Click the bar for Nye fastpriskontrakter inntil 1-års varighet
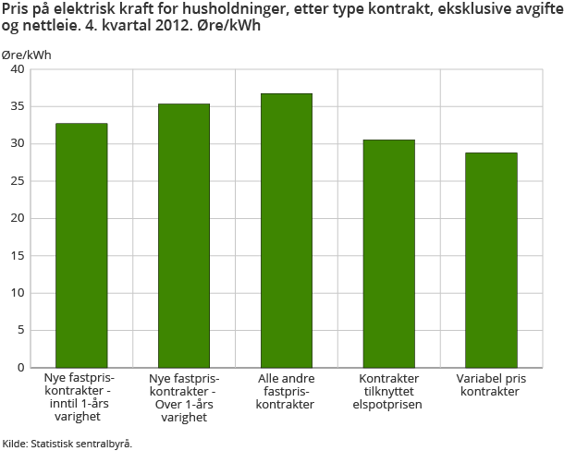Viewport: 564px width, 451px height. point(81,245)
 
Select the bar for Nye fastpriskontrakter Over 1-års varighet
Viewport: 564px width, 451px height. point(184,236)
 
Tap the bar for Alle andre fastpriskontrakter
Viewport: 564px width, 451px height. point(286,230)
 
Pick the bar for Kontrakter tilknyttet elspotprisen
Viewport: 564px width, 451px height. point(388,253)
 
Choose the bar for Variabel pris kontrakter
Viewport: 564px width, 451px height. point(491,260)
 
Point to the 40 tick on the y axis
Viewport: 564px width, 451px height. point(18,69)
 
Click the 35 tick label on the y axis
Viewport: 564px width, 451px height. point(18,106)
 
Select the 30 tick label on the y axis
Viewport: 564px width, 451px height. point(18,144)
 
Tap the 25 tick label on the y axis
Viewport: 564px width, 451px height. point(18,181)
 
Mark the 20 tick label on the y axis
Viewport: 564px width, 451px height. point(18,218)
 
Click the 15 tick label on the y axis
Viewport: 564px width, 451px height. point(18,256)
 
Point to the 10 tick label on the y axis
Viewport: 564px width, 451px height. point(18,293)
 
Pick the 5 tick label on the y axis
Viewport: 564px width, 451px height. point(21,331)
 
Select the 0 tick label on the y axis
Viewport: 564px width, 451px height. point(21,368)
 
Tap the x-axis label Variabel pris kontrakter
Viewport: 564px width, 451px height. point(491,385)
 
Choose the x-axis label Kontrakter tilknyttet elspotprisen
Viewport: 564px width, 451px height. point(388,392)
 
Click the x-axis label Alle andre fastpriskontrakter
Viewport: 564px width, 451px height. point(286,392)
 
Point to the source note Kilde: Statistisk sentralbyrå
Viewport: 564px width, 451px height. point(67,444)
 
